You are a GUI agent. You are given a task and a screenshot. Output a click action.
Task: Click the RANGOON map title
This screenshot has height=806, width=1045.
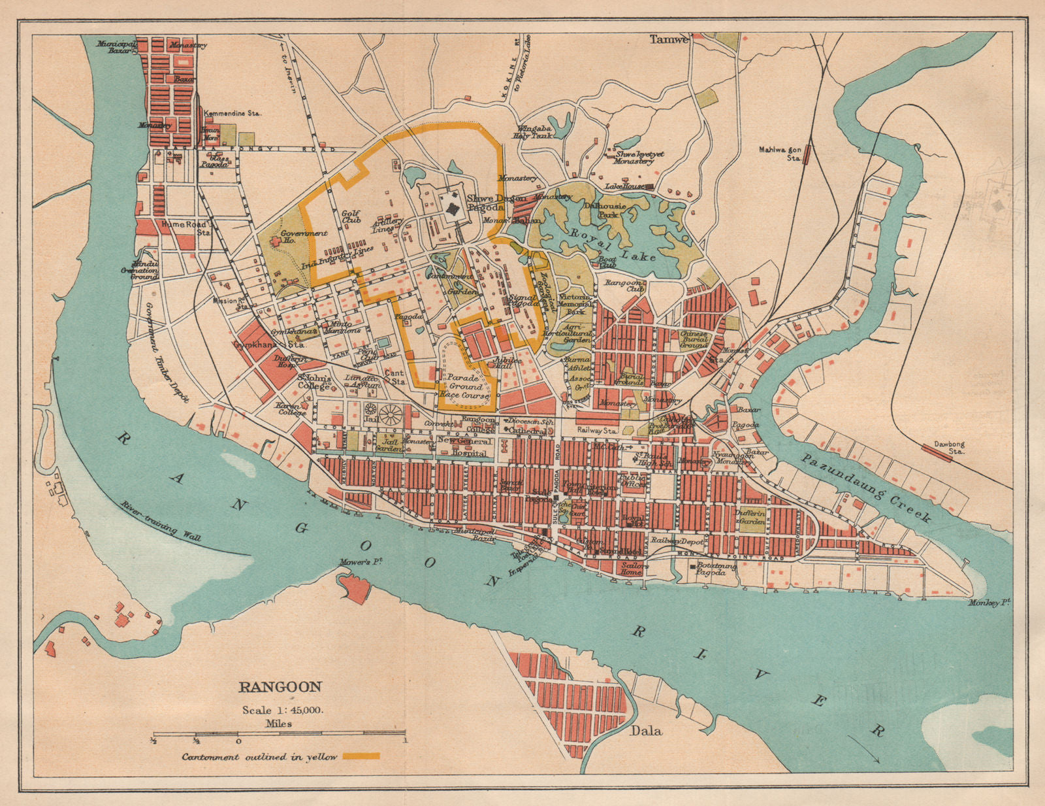coord(280,687)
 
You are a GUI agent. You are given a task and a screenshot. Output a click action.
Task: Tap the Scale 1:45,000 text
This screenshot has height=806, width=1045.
coord(283,711)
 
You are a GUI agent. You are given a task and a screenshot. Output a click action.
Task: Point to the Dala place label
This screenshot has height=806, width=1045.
coord(646,730)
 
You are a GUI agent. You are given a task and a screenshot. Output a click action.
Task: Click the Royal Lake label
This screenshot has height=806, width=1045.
coord(612,244)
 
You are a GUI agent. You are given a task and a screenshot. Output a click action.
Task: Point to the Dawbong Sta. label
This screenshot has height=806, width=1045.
coord(948,448)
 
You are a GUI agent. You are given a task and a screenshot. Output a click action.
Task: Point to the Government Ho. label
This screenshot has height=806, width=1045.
coord(304,236)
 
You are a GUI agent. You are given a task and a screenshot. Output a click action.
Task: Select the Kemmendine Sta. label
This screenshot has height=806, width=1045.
coord(233,113)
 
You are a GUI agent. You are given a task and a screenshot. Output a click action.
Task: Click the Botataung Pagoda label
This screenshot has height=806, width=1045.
coord(716,569)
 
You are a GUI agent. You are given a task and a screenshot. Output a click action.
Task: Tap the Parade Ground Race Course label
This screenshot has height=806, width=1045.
coord(463,386)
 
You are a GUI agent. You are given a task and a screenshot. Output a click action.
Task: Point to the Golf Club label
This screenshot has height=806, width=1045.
coord(351,217)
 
